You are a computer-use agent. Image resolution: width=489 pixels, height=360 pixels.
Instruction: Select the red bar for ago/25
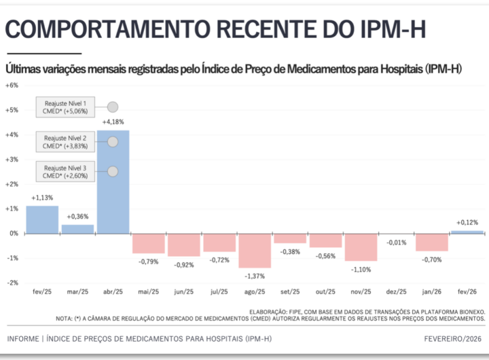coord(255,251)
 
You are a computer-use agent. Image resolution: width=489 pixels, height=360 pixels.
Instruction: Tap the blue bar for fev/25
coord(42,220)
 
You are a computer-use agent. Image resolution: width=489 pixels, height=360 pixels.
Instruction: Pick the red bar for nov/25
coord(361,247)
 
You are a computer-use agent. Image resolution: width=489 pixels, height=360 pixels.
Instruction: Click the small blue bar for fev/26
coord(467,232)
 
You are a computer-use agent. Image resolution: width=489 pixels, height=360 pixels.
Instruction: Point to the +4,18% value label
coord(113,122)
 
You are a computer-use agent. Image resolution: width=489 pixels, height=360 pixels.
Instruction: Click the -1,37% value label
coord(255,276)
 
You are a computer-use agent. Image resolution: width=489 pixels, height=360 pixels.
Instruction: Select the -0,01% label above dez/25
coord(397,242)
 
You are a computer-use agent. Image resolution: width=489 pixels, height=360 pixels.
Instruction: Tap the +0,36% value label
coord(77,217)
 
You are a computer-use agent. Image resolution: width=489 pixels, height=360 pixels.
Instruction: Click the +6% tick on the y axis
coord(12,86)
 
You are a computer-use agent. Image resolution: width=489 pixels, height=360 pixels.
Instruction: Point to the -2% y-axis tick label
coord(12,283)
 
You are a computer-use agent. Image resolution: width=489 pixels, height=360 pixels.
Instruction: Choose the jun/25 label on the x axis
coord(184,292)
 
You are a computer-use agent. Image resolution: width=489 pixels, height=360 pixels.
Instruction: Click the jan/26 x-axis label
coord(432,292)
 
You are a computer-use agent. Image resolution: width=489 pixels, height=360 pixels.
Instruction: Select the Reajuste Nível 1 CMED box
coord(65,107)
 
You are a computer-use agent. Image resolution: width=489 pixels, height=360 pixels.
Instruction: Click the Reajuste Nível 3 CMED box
coord(65,172)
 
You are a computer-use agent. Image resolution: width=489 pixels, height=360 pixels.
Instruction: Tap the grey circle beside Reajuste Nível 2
coord(113,141)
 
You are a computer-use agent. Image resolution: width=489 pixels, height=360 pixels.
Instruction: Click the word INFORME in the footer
coord(22,338)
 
